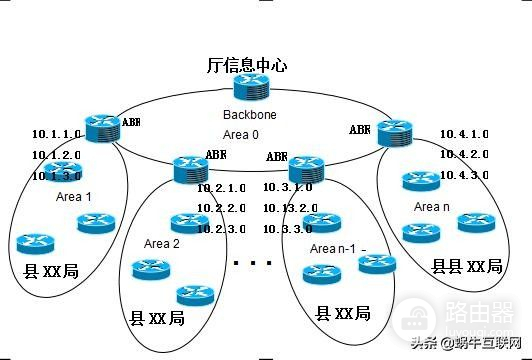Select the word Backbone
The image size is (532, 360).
(249, 115)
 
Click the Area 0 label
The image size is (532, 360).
(241, 132)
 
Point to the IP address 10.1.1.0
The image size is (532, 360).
(56, 134)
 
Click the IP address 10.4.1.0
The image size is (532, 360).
(464, 134)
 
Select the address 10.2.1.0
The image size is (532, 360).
(221, 188)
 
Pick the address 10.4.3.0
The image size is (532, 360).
(464, 175)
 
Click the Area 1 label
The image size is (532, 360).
(74, 197)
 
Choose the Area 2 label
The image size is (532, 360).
(162, 243)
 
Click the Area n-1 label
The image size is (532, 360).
(333, 248)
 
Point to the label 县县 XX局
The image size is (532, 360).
(466, 266)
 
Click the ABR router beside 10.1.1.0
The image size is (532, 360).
(102, 127)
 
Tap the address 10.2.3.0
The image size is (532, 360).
(221, 228)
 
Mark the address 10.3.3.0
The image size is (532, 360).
(288, 228)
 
